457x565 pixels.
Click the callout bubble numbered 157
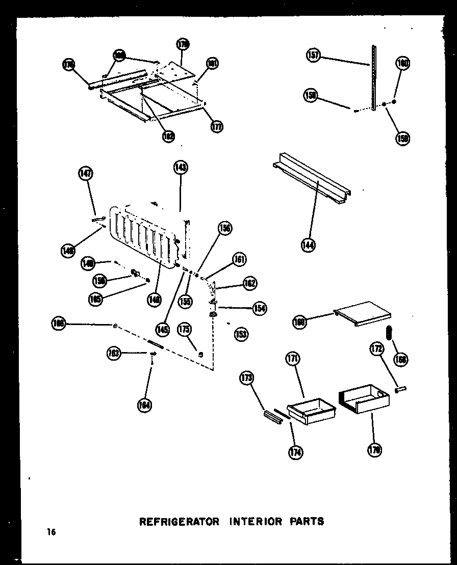pos(313,55)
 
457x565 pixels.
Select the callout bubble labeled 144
pos(308,246)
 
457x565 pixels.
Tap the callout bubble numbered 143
pos(180,167)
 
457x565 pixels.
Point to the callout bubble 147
pos(85,174)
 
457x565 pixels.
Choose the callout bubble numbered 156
pos(224,228)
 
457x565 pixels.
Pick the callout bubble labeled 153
pos(241,334)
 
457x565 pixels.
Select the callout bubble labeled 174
pos(295,452)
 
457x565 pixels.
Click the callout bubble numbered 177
pos(217,126)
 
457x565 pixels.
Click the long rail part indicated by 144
pos(311,178)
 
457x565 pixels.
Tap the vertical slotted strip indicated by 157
pos(374,76)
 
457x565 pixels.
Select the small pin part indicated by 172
pos(401,390)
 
